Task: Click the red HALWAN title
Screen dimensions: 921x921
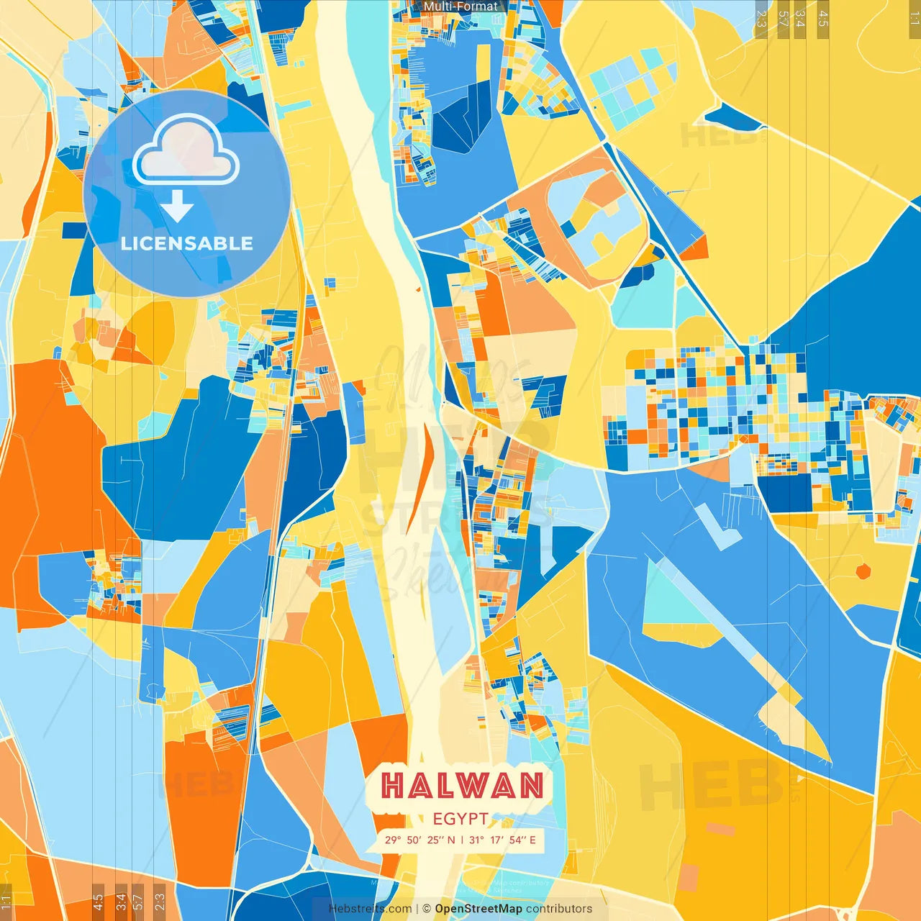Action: tap(462, 786)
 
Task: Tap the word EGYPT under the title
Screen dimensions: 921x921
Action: tap(460, 819)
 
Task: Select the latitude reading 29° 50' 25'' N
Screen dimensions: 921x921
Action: tap(419, 840)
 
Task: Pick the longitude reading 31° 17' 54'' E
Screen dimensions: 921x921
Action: tap(502, 840)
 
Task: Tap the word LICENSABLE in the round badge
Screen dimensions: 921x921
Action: tap(187, 243)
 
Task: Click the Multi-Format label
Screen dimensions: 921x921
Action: tap(460, 6)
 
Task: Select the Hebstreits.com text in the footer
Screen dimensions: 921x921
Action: tap(370, 909)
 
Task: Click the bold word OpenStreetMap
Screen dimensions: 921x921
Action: tap(478, 909)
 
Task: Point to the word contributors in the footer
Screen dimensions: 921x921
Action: tap(559, 909)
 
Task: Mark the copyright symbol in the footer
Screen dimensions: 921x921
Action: tap(427, 909)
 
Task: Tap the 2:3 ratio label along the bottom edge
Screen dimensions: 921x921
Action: tap(159, 902)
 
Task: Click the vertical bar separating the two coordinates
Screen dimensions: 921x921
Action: tap(461, 840)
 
